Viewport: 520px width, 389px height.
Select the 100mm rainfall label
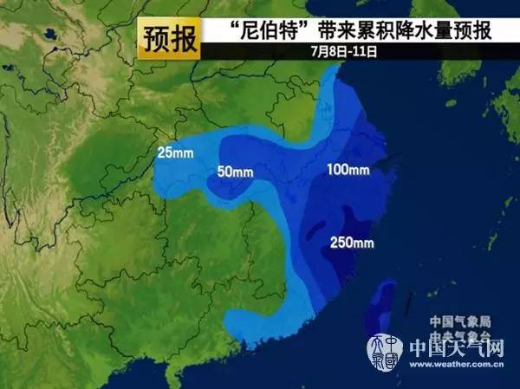348,169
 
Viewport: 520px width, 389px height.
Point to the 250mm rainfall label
352,242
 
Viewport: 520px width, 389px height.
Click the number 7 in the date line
315,52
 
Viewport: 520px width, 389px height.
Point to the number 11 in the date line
365,52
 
